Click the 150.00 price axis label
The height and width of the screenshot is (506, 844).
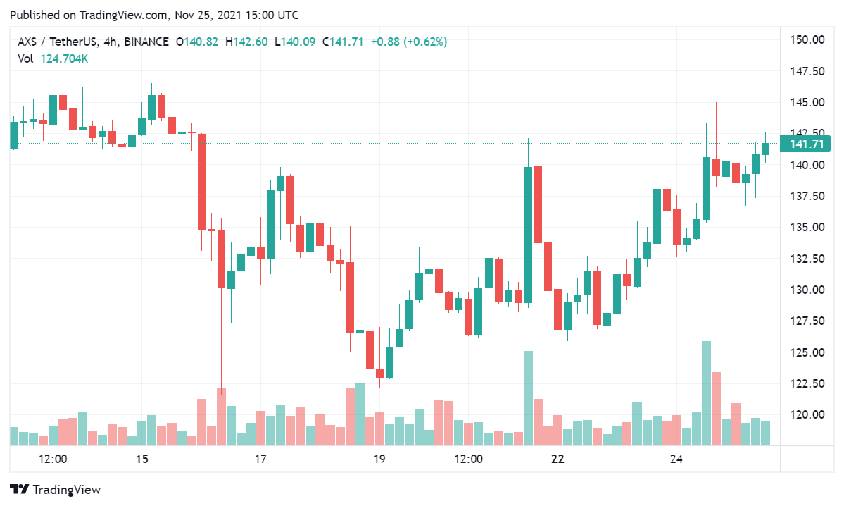(x=807, y=39)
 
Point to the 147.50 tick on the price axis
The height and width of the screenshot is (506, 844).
(x=807, y=71)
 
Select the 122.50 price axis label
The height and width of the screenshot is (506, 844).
(x=807, y=383)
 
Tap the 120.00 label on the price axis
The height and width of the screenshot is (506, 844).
(x=807, y=414)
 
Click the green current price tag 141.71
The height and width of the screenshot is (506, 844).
(x=807, y=144)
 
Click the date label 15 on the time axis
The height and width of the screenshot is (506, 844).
(x=142, y=459)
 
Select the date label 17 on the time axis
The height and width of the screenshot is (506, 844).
(x=260, y=459)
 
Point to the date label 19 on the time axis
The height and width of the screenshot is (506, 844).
(x=379, y=459)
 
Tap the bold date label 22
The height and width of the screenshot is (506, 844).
(x=558, y=459)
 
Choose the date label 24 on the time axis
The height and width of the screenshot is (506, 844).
(x=676, y=459)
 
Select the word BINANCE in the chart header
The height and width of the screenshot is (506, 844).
(x=146, y=42)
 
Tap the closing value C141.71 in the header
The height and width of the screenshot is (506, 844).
(x=343, y=42)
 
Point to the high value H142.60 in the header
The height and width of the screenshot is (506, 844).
(x=246, y=42)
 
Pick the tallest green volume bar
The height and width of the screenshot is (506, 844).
(x=706, y=393)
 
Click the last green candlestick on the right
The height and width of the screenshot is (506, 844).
(x=765, y=148)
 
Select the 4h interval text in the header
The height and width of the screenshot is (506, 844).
(x=110, y=42)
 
